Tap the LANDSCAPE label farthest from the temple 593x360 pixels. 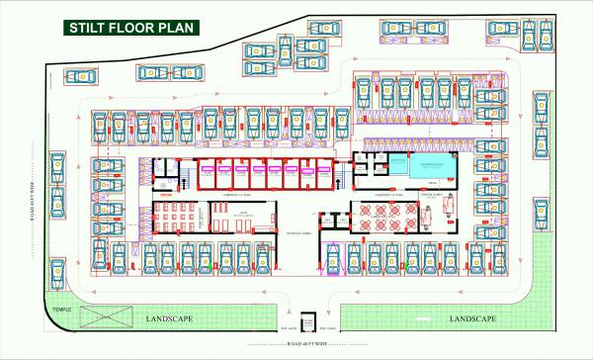[x=472, y=318]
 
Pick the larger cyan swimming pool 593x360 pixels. [x=428, y=168]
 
